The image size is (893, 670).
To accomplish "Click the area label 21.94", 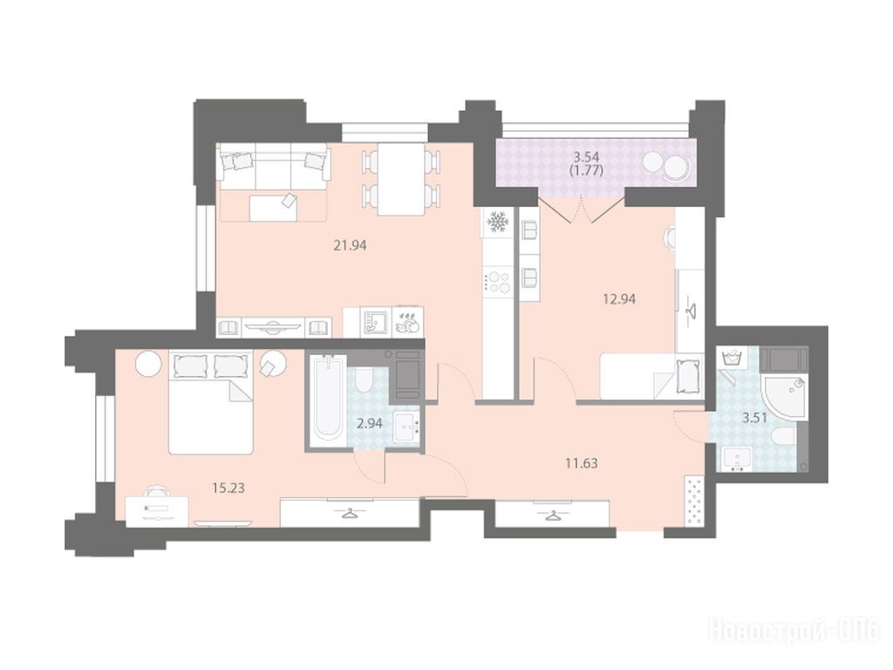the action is pos(350,245).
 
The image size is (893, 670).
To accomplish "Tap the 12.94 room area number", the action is pos(619,298).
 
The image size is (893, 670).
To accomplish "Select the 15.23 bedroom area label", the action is pos(228,488).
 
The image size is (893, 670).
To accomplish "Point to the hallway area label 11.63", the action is pos(582,463).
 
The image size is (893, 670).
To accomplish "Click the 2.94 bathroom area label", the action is pos(369,423).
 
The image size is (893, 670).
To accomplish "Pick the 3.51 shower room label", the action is pos(754,418).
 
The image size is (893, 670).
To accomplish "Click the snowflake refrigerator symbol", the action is pos(499,222).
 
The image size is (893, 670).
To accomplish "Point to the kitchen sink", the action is pos(375,323).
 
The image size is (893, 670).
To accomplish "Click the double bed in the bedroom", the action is pos(211,402).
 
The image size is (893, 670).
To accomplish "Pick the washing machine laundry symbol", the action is pos(731,359).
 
